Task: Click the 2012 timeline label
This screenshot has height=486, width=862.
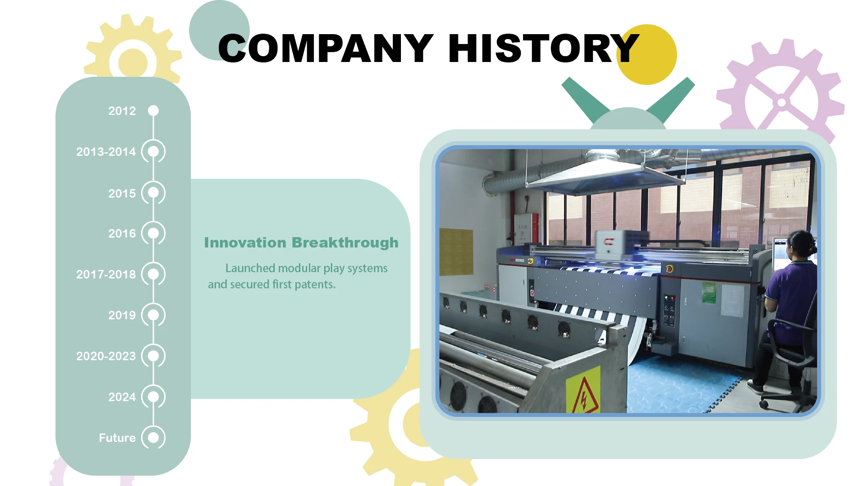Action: pos(122,111)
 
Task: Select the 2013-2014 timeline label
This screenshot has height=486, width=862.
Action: pos(106,152)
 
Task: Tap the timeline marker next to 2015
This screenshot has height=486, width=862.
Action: pos(154,193)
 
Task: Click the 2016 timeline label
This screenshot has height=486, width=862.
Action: pos(122,234)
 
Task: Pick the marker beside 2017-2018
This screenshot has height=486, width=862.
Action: pos(154,274)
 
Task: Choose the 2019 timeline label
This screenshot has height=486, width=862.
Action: pos(122,315)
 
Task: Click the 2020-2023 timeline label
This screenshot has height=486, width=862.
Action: pos(106,356)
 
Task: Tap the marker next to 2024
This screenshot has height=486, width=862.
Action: pos(154,397)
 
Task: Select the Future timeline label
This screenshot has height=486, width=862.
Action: pos(117,438)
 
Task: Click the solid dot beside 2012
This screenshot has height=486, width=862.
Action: pos(154,110)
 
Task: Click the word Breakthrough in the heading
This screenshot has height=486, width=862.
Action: pos(345,243)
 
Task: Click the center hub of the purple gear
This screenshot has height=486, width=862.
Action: pos(782,102)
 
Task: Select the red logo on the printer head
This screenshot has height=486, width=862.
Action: pos(609,242)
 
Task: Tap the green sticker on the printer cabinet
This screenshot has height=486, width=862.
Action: pos(709,292)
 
